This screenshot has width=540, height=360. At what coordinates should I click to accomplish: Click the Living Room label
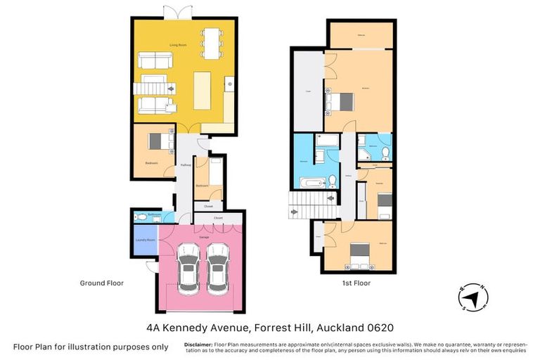[x=177, y=44]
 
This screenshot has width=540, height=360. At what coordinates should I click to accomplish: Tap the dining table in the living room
[x=211, y=42]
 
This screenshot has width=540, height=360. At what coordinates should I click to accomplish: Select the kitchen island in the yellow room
[x=202, y=90]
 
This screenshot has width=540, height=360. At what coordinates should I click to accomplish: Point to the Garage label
[x=204, y=238]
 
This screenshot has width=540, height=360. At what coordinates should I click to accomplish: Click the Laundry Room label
[x=145, y=240]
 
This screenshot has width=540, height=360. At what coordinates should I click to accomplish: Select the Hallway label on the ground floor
[x=186, y=165]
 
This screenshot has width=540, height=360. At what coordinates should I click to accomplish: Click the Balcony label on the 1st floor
[x=360, y=34]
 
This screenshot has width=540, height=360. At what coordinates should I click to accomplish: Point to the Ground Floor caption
[x=102, y=283]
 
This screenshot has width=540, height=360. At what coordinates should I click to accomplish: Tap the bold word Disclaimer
[x=198, y=345]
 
